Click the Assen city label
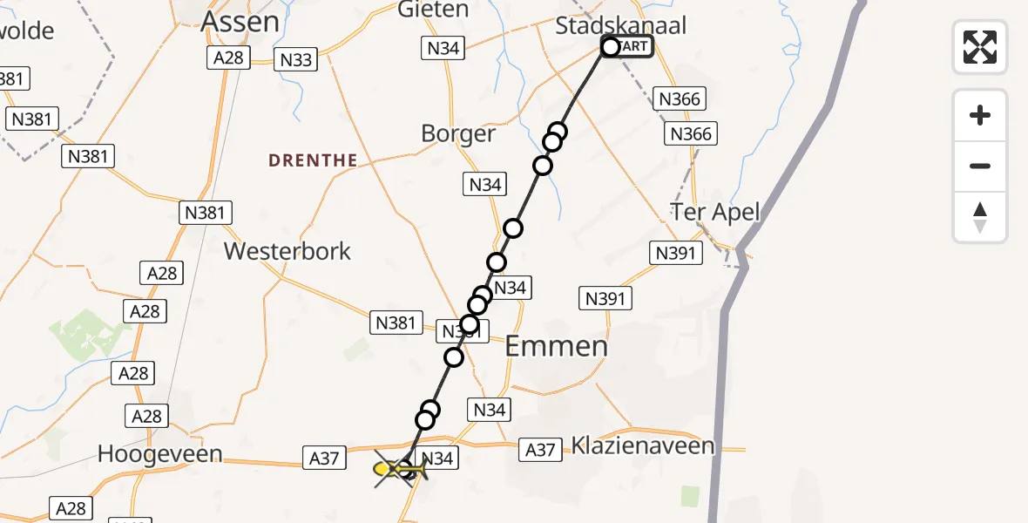240,23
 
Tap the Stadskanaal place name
620,25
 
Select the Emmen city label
557,346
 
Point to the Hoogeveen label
160,453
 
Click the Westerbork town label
287,251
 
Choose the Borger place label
458,134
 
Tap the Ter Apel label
715,212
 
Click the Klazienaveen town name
643,446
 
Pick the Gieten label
433,10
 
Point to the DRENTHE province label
313,160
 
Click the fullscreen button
980,46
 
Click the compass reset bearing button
980,217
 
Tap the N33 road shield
296,59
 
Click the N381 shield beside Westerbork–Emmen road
396,323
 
